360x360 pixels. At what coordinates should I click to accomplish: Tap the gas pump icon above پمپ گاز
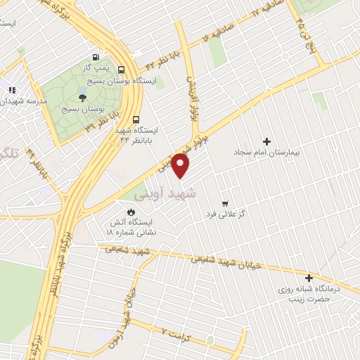[94, 57]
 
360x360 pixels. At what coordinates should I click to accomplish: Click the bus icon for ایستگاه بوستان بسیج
[122, 70]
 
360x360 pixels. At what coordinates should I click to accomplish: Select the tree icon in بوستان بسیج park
[83, 98]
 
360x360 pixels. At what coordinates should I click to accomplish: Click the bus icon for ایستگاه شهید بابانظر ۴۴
[135, 119]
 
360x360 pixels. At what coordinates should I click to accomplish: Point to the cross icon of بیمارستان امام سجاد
[266, 141]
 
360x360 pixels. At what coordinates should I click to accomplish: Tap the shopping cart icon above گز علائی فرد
[225, 200]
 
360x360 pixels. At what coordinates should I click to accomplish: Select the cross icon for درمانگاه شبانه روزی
[309, 278]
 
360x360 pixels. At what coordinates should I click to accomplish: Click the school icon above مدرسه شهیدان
[12, 90]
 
